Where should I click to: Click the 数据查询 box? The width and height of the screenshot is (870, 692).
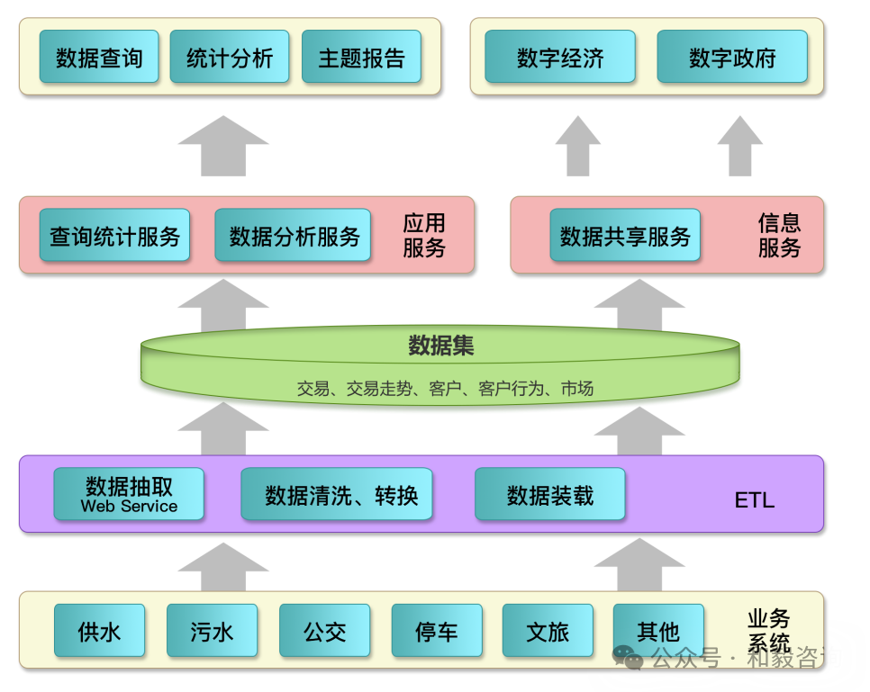click(99, 58)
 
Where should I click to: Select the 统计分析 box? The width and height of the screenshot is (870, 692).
click(230, 58)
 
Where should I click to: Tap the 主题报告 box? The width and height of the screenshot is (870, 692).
click(361, 58)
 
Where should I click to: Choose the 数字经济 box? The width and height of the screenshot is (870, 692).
click(559, 58)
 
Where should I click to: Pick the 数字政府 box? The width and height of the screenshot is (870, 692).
click(731, 58)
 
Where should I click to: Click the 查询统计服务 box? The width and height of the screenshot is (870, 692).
click(114, 236)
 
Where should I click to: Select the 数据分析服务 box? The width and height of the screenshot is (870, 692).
click(294, 236)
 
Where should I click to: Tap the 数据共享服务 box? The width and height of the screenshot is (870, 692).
click(624, 236)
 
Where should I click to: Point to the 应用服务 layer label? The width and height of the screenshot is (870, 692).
click(423, 236)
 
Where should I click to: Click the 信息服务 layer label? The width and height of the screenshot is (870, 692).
click(778, 236)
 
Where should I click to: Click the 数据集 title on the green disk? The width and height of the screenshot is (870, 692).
click(440, 346)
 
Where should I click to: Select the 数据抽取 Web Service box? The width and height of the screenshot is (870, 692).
click(129, 494)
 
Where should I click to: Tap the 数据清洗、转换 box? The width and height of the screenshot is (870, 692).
click(336, 494)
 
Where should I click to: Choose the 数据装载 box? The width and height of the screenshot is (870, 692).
click(549, 494)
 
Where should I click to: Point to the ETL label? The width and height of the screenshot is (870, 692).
click(754, 500)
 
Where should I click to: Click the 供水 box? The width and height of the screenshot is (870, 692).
click(99, 631)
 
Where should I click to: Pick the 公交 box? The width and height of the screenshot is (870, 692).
click(324, 631)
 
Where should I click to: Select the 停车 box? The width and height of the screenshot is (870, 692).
click(436, 631)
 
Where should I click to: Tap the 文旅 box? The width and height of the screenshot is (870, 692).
click(548, 631)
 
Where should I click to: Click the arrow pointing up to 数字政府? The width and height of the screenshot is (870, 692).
click(739, 148)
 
